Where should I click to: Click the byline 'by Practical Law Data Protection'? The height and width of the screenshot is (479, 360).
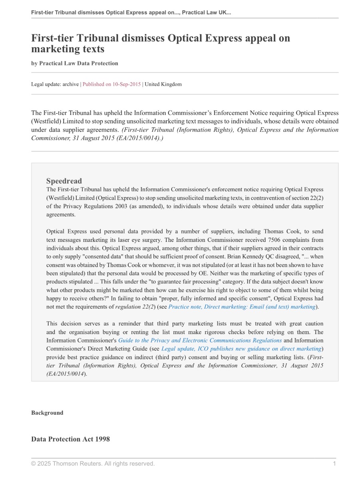pyautogui.click(x=75, y=63)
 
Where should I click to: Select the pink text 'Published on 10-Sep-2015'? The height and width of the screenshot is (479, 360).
pyautogui.click(x=111, y=84)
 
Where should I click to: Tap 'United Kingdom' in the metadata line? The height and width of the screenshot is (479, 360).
pyautogui.click(x=163, y=84)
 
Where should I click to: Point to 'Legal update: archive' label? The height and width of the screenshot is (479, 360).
pyautogui.click(x=55, y=84)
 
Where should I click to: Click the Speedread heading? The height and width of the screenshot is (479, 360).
pyautogui.click(x=64, y=181)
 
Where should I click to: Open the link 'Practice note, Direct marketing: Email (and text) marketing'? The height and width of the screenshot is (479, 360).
pyautogui.click(x=242, y=307)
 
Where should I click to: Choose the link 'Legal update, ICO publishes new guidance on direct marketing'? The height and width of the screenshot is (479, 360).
pyautogui.click(x=241, y=349)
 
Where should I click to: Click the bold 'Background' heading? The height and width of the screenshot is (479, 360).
pyautogui.click(x=47, y=413)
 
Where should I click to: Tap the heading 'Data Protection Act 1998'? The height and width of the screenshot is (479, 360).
pyautogui.click(x=70, y=439)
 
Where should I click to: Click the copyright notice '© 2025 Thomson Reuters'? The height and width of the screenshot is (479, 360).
pyautogui.click(x=93, y=463)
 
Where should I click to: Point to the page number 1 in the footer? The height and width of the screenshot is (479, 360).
pyautogui.click(x=334, y=463)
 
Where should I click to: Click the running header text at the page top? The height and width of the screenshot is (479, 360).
pyautogui.click(x=131, y=12)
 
